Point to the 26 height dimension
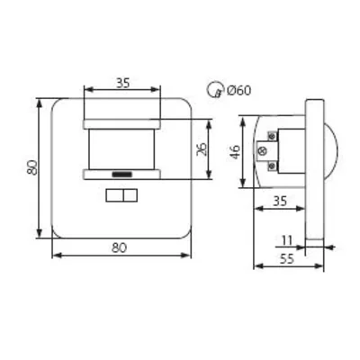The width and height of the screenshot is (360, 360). tap(202, 147)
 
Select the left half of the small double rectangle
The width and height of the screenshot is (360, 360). tap(114, 194)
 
